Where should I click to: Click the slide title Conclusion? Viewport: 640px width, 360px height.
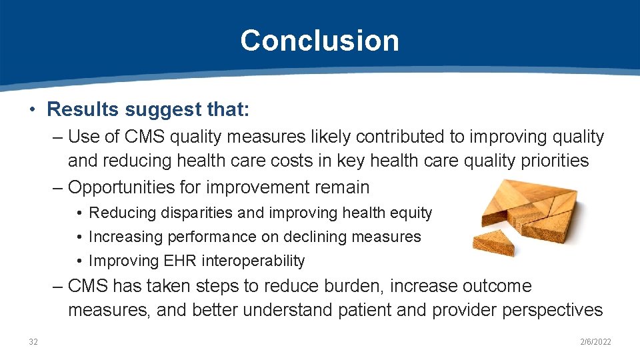point(319,41)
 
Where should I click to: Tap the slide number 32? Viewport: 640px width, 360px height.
point(33,342)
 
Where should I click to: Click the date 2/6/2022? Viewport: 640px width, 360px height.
point(595,342)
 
